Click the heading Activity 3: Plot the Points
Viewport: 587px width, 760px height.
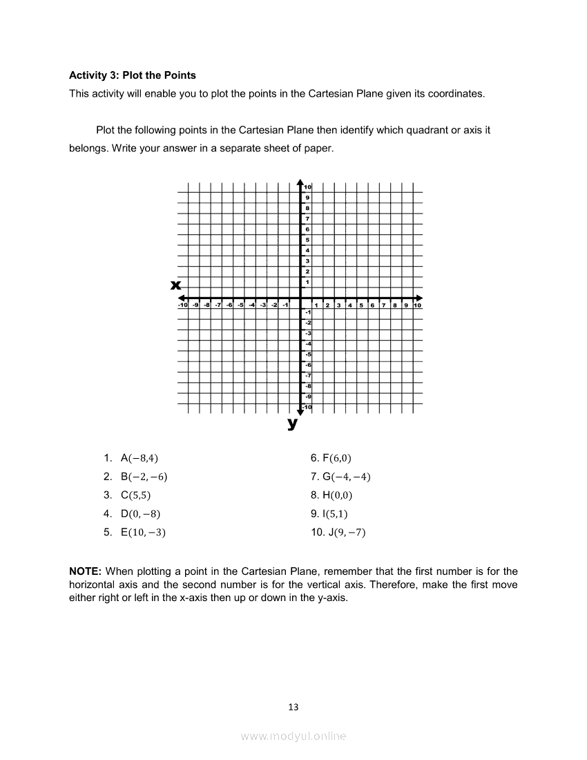coord(133,75)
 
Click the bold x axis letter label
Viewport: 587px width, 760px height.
coord(176,285)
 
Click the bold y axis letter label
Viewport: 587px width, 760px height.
coord(293,424)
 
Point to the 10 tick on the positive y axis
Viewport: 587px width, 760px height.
coord(308,187)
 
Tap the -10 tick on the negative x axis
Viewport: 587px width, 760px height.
coord(182,305)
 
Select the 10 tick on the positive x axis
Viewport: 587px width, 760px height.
coord(418,305)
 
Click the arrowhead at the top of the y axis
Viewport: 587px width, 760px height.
coord(300,182)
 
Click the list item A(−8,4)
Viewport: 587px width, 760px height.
coord(134,458)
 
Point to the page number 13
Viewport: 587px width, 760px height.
coord(293,707)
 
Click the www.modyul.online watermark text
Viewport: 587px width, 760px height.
coord(293,736)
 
